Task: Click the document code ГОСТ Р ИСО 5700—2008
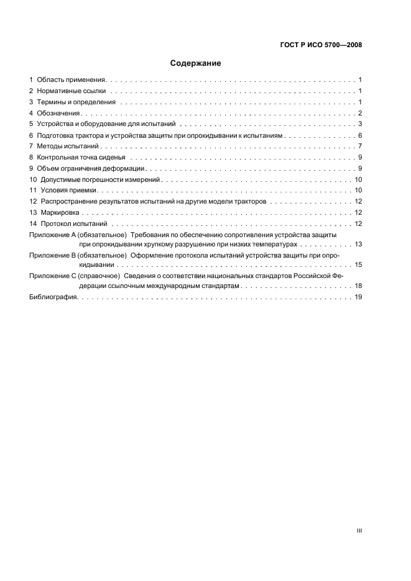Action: [321, 45]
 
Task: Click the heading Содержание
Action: [196, 63]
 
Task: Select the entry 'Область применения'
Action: [72, 80]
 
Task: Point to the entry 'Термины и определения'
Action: [76, 102]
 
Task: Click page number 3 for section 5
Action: [360, 124]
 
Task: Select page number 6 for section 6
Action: [360, 135]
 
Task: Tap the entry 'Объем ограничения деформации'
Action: [91, 169]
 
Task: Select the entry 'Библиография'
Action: [53, 298]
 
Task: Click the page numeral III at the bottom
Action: [359, 531]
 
